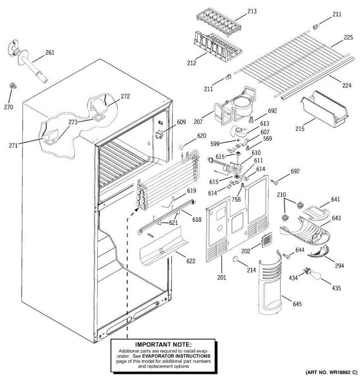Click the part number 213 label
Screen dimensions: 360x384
[252, 12]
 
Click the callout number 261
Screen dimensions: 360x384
[50, 52]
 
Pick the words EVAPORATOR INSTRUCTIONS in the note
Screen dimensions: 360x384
[176, 356]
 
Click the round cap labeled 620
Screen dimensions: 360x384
[182, 147]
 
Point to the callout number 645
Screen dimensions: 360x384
[297, 304]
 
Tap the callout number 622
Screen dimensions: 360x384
[191, 261]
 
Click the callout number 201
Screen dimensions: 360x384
[221, 278]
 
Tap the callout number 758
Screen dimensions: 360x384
[236, 199]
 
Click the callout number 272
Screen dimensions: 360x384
[125, 96]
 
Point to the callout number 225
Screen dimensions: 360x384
[348, 37]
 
